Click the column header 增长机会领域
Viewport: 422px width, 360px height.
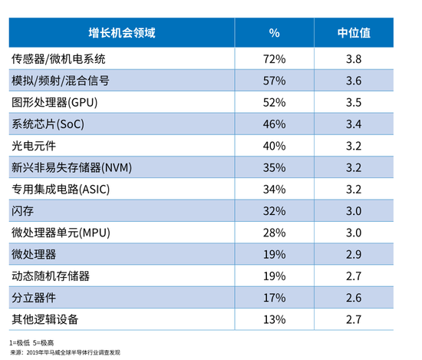click(x=122, y=33)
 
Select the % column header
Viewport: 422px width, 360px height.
click(x=274, y=33)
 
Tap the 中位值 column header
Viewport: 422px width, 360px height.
click(x=354, y=33)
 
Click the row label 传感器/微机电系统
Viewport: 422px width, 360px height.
click(x=58, y=59)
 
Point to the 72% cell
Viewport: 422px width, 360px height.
click(x=274, y=59)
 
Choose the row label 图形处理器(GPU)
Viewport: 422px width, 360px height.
click(x=54, y=102)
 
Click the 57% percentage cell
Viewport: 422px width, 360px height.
click(x=274, y=81)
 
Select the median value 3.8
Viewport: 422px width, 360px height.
click(x=354, y=59)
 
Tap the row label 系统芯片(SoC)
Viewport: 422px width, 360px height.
click(x=48, y=124)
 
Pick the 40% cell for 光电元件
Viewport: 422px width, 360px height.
click(x=274, y=146)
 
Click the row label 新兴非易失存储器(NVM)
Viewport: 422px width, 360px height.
click(x=71, y=167)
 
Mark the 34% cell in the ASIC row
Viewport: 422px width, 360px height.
click(x=274, y=190)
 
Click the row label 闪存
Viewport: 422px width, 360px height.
click(x=22, y=211)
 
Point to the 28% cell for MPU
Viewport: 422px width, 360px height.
click(x=274, y=233)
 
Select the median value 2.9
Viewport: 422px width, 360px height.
click(x=354, y=254)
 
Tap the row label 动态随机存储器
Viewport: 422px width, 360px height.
click(x=51, y=276)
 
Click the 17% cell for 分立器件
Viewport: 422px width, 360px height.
click(x=274, y=298)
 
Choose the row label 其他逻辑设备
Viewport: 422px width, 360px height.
click(x=45, y=319)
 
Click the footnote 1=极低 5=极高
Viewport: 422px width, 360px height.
click(x=31, y=343)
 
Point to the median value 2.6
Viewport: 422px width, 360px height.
click(x=354, y=298)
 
